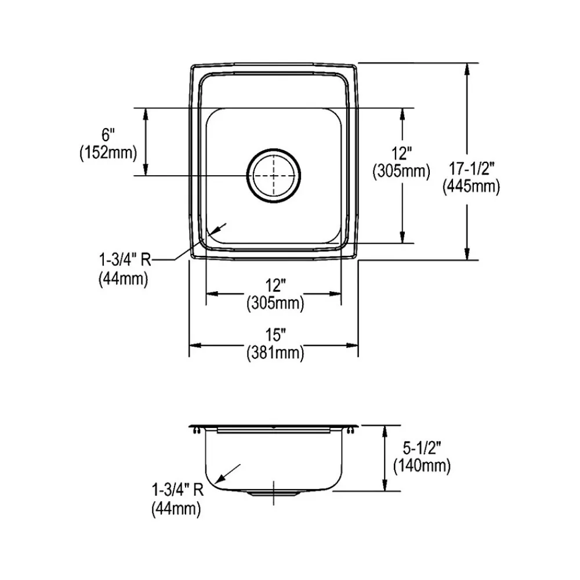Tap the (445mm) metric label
pos(470,186)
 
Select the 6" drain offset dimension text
pos(108,136)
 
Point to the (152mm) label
pos(108,153)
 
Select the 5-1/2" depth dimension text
pos(422,448)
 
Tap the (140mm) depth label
pos(422,465)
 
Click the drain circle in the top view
pos(273,175)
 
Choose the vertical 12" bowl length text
pos(401,154)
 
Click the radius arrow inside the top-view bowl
pos(220,227)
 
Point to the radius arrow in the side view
pos(227,472)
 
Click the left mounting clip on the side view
pos(195,429)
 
